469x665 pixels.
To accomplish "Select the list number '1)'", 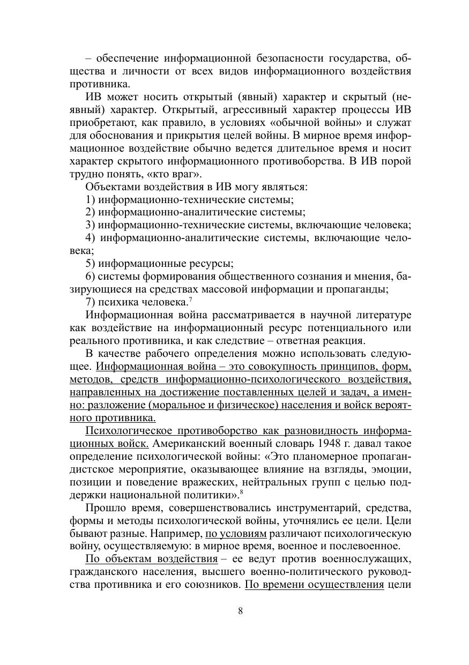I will click(x=91, y=199).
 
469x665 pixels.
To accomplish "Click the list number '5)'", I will click(x=91, y=264).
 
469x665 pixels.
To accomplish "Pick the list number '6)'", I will click(x=91, y=277).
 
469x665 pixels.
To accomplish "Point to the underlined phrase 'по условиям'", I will click(x=236, y=534).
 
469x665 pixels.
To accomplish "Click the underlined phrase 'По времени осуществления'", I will click(x=314, y=585).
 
